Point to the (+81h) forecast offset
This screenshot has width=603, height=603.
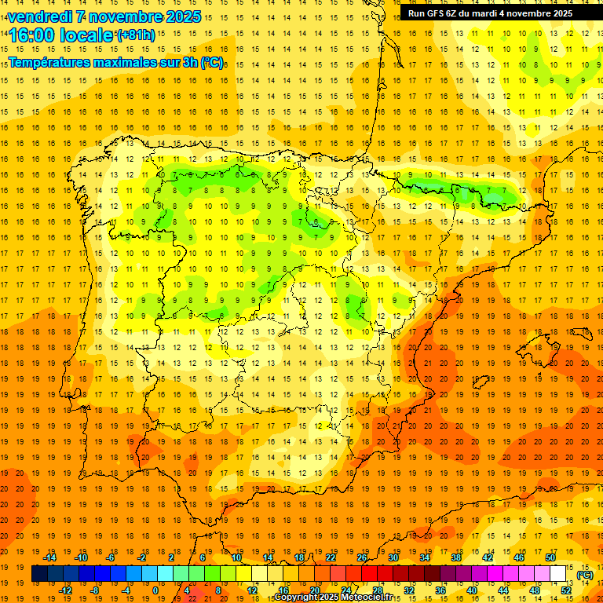[x=135, y=35]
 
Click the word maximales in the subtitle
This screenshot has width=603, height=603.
[x=125, y=62]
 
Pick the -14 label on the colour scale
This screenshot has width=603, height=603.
[x=49, y=557]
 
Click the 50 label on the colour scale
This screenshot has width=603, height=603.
[x=550, y=557]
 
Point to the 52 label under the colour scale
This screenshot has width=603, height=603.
[x=565, y=590]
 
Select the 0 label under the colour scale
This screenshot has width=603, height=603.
[x=155, y=590]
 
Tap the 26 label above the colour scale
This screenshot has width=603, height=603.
[x=362, y=557]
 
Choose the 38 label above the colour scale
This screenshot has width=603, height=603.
[x=456, y=557]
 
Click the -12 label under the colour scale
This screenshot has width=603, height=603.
[x=65, y=590]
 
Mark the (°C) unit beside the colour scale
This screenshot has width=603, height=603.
[x=585, y=574]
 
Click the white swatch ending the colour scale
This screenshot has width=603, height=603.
[x=557, y=574]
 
